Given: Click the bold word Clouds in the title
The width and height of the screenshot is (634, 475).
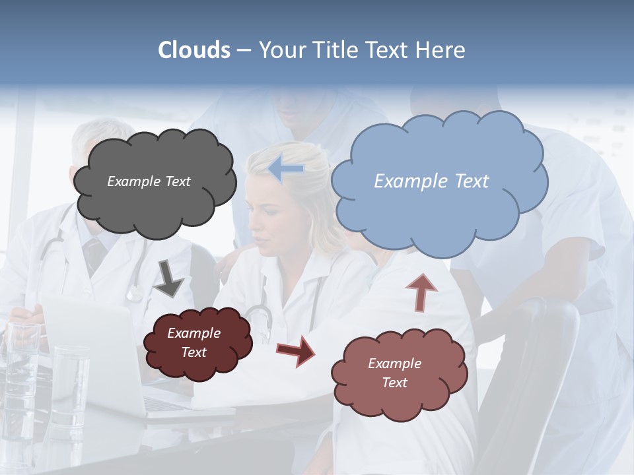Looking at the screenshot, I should (x=194, y=50).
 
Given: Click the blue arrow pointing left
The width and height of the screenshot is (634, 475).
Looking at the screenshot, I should (x=286, y=169).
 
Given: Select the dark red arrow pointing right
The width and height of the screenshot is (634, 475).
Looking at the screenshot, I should (x=296, y=350).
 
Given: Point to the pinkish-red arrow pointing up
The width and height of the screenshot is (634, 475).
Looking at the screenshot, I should (x=421, y=292).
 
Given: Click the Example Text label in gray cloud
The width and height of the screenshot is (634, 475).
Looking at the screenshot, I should (x=149, y=181).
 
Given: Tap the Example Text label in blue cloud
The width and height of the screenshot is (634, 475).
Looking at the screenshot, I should (x=431, y=181).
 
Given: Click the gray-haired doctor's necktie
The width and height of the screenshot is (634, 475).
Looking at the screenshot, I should (x=94, y=254).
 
